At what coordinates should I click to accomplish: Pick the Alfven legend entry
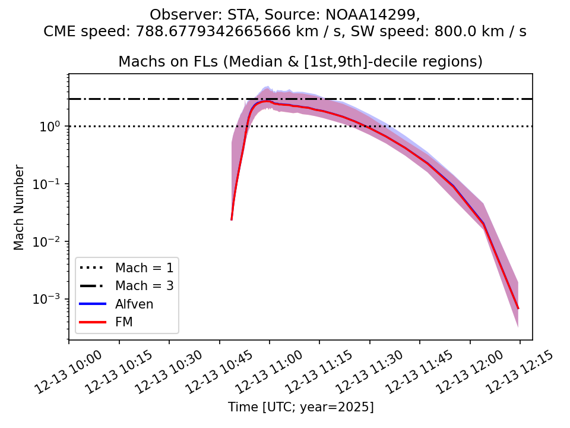coord(134,304)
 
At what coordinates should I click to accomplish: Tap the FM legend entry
coord(124,322)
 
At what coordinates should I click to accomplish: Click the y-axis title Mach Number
coord(20,207)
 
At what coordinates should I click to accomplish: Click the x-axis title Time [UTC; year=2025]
coord(300,407)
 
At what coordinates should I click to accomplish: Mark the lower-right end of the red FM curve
coord(518,309)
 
